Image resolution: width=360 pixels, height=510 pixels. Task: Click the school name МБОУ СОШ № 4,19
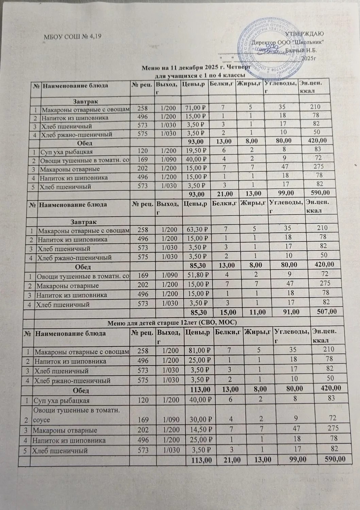click(73, 37)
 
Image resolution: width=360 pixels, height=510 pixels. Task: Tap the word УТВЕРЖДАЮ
click(304, 34)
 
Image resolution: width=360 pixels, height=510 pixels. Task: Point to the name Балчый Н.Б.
click(301, 50)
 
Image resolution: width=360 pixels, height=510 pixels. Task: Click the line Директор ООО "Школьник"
click(288, 42)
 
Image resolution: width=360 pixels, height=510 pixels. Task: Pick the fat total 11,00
click(252, 311)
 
